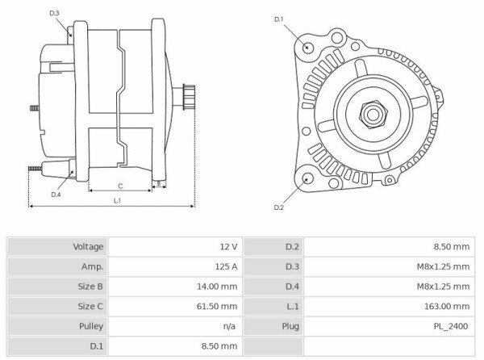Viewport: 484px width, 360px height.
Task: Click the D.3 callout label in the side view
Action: (54, 14)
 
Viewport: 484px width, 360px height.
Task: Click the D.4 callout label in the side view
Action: (56, 195)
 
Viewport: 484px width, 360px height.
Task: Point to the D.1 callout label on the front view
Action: (279, 19)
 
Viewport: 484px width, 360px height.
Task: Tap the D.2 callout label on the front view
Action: (278, 208)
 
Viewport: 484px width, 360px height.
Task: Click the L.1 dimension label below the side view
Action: (117, 200)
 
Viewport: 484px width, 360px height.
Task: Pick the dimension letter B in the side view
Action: (159, 183)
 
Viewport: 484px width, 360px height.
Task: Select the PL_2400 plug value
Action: (452, 326)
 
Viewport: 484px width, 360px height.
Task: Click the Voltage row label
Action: (88, 246)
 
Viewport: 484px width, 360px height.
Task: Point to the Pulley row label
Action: (90, 326)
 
